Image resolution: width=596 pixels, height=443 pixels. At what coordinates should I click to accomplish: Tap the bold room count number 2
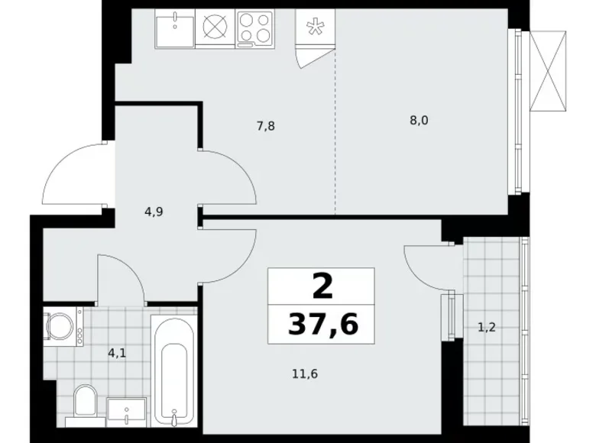(322, 287)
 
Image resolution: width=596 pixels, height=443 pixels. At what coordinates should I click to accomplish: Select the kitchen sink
(176, 29)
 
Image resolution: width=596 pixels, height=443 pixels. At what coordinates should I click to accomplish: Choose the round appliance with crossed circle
(216, 29)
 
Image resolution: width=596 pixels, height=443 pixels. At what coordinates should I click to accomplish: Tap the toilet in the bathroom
(84, 403)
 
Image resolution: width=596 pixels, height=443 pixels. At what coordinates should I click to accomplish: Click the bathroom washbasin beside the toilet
(124, 410)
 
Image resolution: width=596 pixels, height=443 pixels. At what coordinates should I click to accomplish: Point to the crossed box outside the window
(549, 70)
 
